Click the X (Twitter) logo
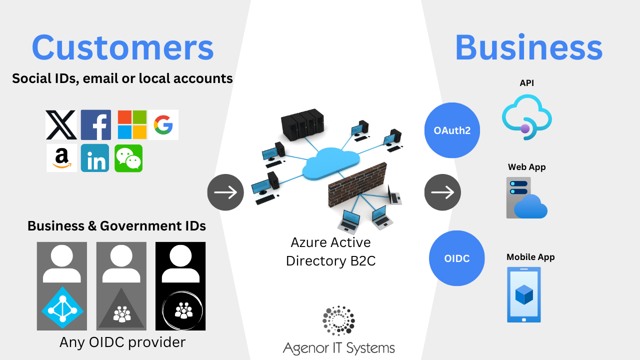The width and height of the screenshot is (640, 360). click(x=61, y=125)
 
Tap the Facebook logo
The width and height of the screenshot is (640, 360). click(x=96, y=125)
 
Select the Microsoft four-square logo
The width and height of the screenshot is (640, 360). click(x=132, y=125)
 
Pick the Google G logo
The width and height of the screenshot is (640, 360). click(x=163, y=124)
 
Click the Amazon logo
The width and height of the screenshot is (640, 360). click(x=61, y=158)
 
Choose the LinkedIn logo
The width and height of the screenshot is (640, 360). click(x=95, y=158)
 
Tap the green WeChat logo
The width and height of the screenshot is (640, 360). click(x=128, y=158)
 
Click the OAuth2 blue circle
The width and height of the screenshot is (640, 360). click(x=452, y=130)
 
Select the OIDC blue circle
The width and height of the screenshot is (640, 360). click(x=457, y=258)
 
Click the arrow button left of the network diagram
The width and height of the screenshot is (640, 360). click(x=225, y=192)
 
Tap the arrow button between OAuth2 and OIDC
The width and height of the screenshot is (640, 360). click(x=442, y=192)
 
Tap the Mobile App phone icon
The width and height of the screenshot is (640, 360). click(x=524, y=294)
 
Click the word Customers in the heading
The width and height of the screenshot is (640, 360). click(x=122, y=48)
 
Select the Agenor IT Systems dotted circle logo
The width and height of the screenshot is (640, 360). click(x=338, y=320)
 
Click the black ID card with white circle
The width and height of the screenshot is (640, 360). click(x=180, y=286)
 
